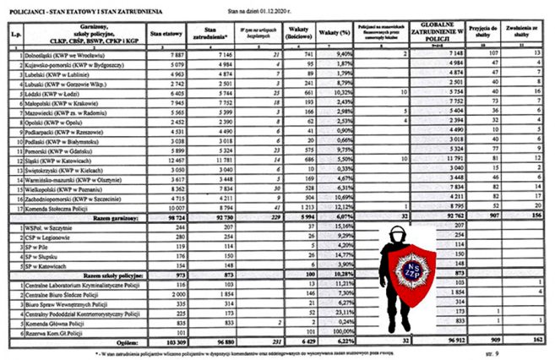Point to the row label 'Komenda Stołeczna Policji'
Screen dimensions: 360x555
tap(58, 207)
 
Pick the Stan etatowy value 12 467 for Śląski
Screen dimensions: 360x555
tap(168, 159)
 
